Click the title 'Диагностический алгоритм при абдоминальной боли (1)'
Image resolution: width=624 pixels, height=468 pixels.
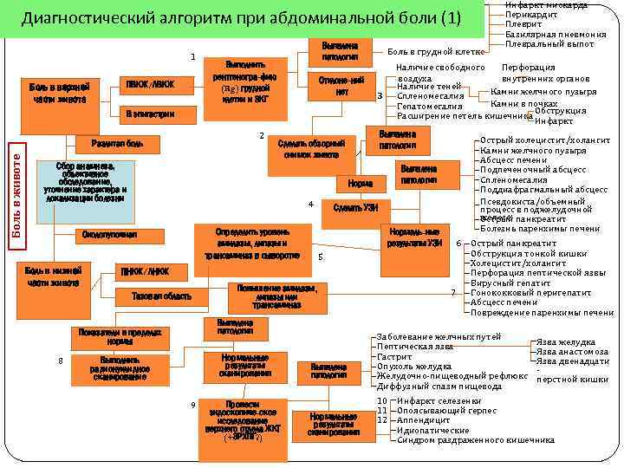[x=242, y=19]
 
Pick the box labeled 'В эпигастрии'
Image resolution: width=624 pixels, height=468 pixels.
[x=149, y=114]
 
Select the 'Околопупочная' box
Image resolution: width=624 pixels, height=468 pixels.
[x=108, y=235]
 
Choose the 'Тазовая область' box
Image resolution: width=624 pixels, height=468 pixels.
[x=161, y=296]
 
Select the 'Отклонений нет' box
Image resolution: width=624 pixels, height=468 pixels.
[x=340, y=85]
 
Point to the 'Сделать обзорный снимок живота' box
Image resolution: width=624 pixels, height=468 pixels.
[x=311, y=149]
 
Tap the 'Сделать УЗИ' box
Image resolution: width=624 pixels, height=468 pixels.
[x=355, y=208]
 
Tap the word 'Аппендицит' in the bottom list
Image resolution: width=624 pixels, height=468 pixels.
[x=425, y=419]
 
